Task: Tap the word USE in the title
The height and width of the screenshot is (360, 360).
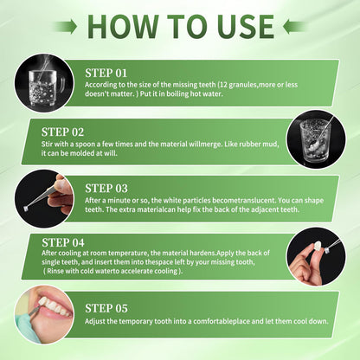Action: pyautogui.click(x=246, y=27)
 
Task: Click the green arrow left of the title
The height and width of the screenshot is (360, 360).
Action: pyautogui.click(x=66, y=27)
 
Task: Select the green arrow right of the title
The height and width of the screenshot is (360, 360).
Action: pyautogui.click(x=295, y=27)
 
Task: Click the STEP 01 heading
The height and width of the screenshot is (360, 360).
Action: pyautogui.click(x=106, y=74)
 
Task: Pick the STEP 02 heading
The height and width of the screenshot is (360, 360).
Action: pyautogui.click(x=62, y=132)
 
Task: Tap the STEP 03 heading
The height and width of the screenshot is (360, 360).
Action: pyautogui.click(x=106, y=189)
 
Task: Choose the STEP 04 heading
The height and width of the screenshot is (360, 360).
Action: pyautogui.click(x=63, y=242)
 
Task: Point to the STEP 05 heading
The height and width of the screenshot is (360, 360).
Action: pyautogui.click(x=106, y=308)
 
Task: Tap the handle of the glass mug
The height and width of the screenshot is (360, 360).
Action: pyautogui.click(x=61, y=86)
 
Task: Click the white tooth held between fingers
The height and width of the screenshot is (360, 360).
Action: pyautogui.click(x=318, y=246)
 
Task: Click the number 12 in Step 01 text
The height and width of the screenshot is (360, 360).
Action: pyautogui.click(x=223, y=85)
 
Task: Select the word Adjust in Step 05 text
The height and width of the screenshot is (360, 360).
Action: pyautogui.click(x=95, y=321)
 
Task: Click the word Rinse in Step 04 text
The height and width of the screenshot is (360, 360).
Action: pyautogui.click(x=55, y=271)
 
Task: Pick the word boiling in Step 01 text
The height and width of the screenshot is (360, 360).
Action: pyautogui.click(x=177, y=94)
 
